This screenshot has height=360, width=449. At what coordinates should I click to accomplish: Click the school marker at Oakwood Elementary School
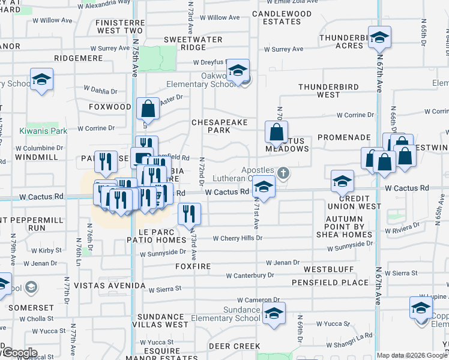(x=238, y=72)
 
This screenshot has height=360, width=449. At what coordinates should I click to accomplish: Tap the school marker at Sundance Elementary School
(x=274, y=314)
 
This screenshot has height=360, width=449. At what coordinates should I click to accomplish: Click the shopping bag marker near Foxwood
(x=148, y=109)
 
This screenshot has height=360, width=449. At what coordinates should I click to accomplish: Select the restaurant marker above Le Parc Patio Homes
(x=190, y=214)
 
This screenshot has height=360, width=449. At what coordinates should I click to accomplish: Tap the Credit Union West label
(x=360, y=202)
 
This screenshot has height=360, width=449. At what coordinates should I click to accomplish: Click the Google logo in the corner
(x=19, y=353)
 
